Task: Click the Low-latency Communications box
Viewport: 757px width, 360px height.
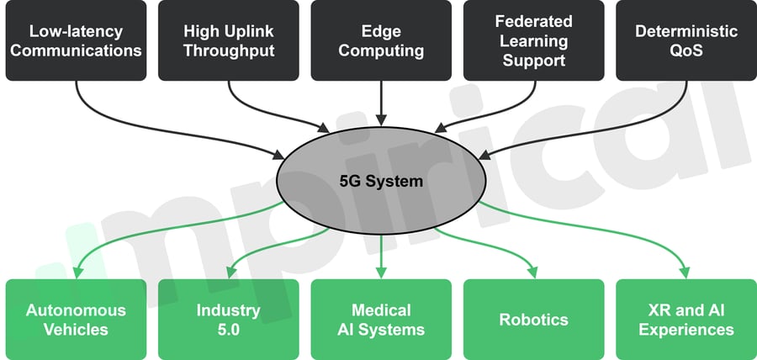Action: (x=76, y=40)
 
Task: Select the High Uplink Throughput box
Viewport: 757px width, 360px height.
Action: (x=229, y=40)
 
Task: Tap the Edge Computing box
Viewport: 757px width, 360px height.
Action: (x=381, y=40)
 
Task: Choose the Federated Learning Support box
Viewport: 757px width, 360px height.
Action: (x=534, y=40)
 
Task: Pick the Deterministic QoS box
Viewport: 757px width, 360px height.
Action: (x=686, y=40)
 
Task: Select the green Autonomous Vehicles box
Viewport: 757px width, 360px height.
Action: (x=76, y=319)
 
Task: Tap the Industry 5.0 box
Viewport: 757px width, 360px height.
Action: (x=229, y=319)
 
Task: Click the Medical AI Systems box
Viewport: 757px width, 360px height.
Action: (x=381, y=319)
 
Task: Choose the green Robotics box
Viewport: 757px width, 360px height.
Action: (x=534, y=319)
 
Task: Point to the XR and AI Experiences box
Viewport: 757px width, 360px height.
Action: (x=686, y=319)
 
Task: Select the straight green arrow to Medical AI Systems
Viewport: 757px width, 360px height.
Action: (x=381, y=252)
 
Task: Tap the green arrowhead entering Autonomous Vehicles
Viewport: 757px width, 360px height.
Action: (x=77, y=272)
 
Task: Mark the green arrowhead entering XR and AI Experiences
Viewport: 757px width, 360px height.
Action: (x=685, y=272)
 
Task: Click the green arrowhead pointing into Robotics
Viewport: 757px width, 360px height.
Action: (x=532, y=272)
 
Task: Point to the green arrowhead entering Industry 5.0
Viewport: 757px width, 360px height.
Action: (x=230, y=272)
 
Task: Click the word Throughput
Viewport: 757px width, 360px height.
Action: (x=229, y=50)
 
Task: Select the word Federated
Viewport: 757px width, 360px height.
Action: (x=534, y=21)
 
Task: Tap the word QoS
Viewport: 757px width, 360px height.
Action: (x=686, y=50)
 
